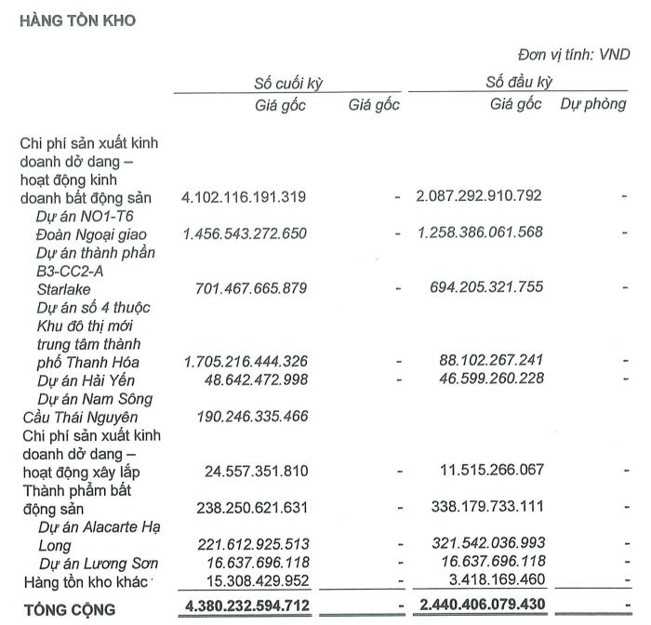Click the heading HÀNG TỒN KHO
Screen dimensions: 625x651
(x=78, y=20)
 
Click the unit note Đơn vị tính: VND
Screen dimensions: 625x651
(x=573, y=55)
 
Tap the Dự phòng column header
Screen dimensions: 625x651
(x=592, y=104)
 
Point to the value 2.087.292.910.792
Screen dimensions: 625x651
(x=480, y=196)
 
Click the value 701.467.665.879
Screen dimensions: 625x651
(x=254, y=287)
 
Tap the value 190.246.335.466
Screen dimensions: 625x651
(x=254, y=416)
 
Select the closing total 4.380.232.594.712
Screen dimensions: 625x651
(x=245, y=609)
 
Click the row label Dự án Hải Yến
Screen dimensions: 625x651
(x=86, y=379)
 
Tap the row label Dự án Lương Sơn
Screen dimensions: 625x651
(x=99, y=564)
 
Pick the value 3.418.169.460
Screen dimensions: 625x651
(x=493, y=581)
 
